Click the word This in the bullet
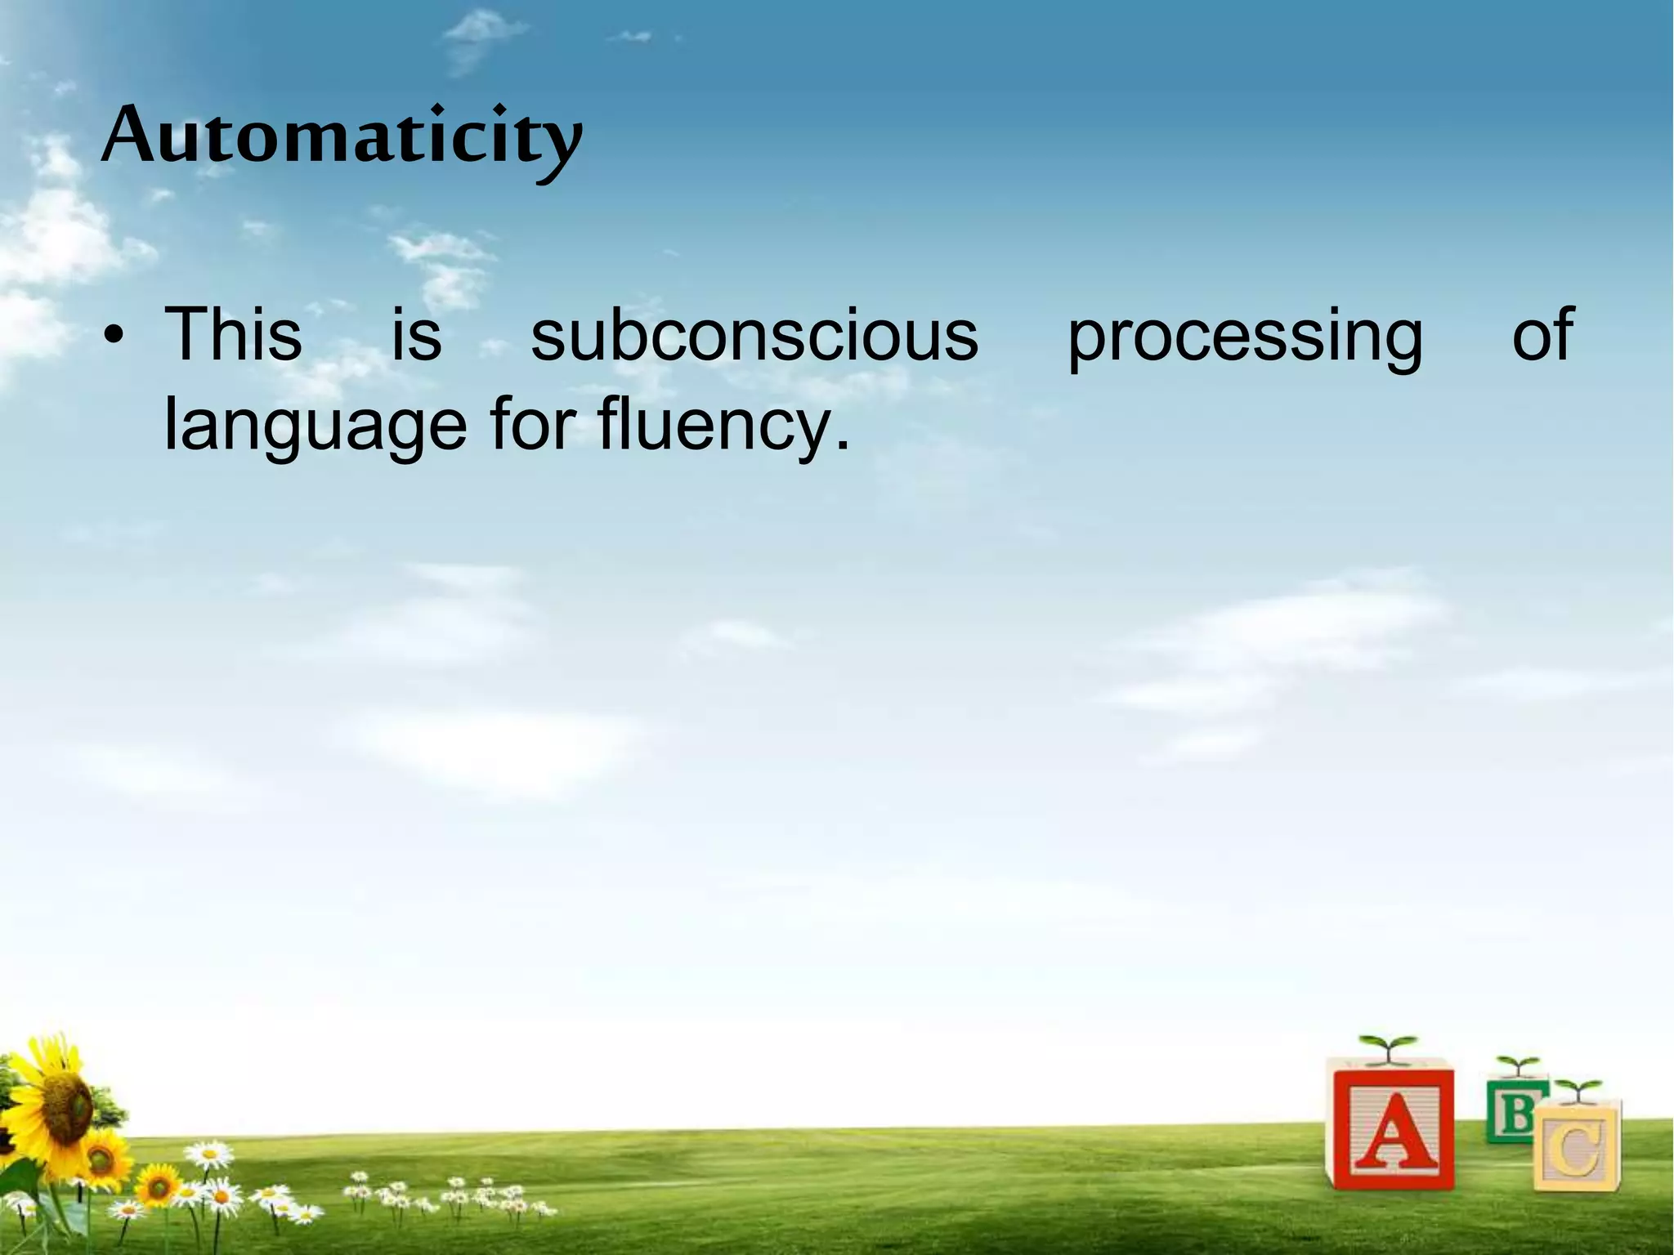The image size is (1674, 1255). point(233,335)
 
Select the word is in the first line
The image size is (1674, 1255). point(416,335)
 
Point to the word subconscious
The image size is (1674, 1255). point(754,335)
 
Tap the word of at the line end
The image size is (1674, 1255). point(1542,335)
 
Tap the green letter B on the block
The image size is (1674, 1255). point(1517,1112)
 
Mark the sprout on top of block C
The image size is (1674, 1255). point(1578,1091)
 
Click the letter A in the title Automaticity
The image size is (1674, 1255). point(131,136)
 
